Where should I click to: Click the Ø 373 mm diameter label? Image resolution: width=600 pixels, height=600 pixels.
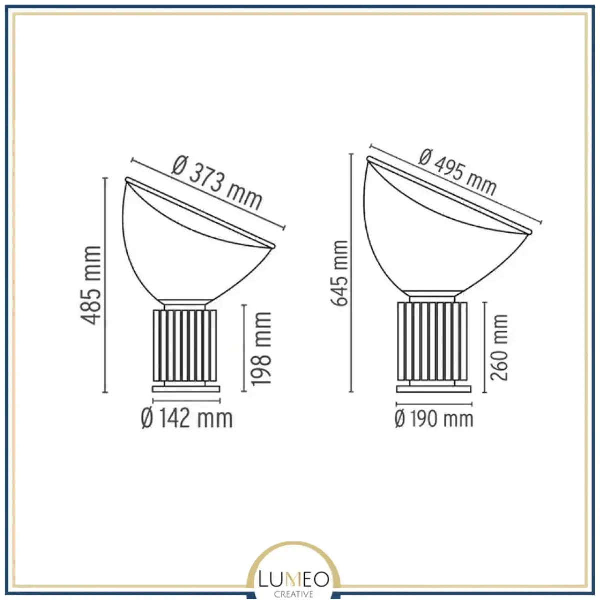pos(217,183)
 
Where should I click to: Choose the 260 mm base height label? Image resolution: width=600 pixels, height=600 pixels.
pos(499,348)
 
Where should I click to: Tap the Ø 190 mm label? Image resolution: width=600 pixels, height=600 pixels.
pos(434,419)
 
